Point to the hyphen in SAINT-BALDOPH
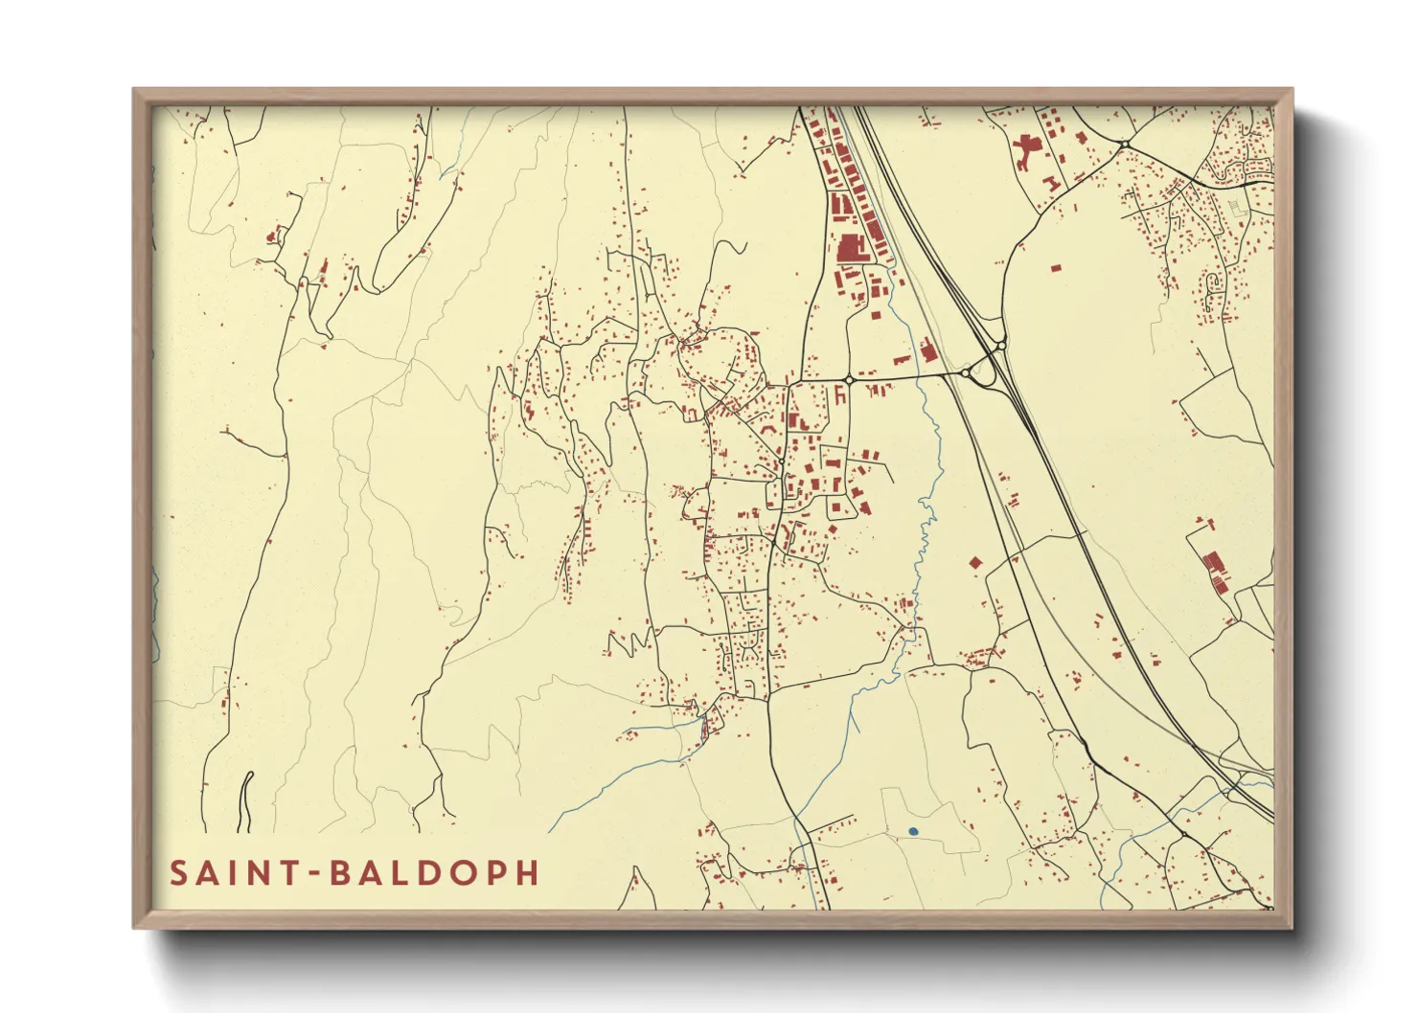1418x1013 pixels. pos(312,873)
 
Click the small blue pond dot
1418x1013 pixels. pos(913,831)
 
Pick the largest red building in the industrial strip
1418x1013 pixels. pos(850,248)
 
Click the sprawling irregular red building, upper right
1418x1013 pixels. pos(1026,150)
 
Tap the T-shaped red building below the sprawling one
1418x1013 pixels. pos(1052,181)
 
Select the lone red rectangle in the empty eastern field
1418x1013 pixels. pos(1055,268)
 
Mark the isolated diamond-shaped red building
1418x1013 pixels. pos(976,563)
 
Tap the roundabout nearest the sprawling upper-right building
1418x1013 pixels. pos(1125,145)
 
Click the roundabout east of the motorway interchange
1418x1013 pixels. pos(1000,346)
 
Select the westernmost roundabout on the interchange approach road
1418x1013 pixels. pos(849,380)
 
